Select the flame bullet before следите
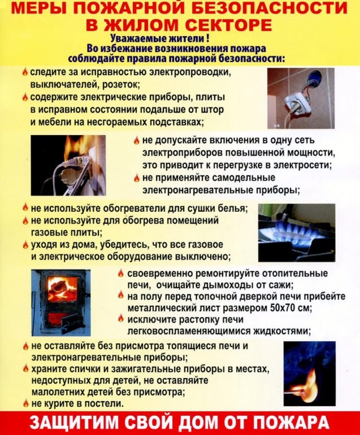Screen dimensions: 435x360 coord(25,72)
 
